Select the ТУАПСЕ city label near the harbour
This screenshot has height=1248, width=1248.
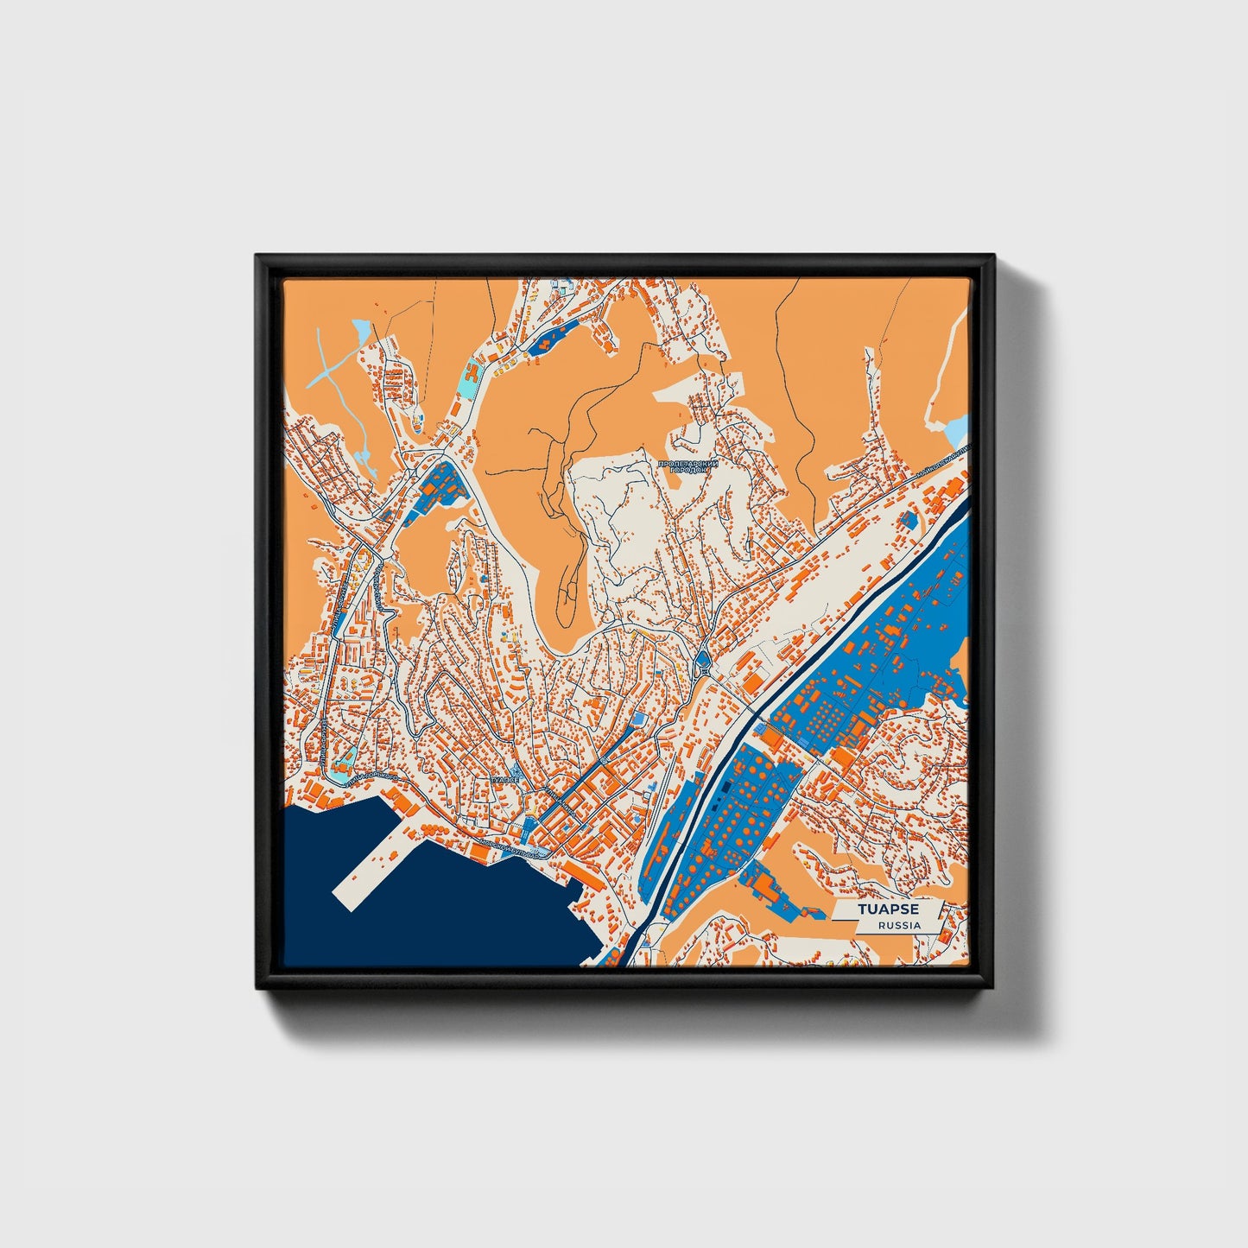[504, 779]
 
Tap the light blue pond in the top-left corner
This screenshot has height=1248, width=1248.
[361, 330]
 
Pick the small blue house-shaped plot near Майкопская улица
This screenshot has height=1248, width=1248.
[908, 518]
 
